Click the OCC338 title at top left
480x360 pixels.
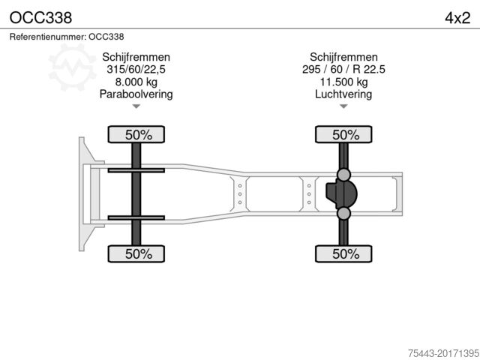point(35,16)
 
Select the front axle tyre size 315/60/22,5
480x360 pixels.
point(136,70)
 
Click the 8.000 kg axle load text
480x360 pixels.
point(136,82)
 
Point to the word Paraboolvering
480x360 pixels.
point(136,94)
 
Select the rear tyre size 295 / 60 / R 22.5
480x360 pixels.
point(344,70)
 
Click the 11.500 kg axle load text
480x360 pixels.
point(344,82)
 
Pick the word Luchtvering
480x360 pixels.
point(344,94)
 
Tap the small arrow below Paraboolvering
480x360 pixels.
point(136,106)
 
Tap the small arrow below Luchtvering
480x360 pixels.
point(344,106)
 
